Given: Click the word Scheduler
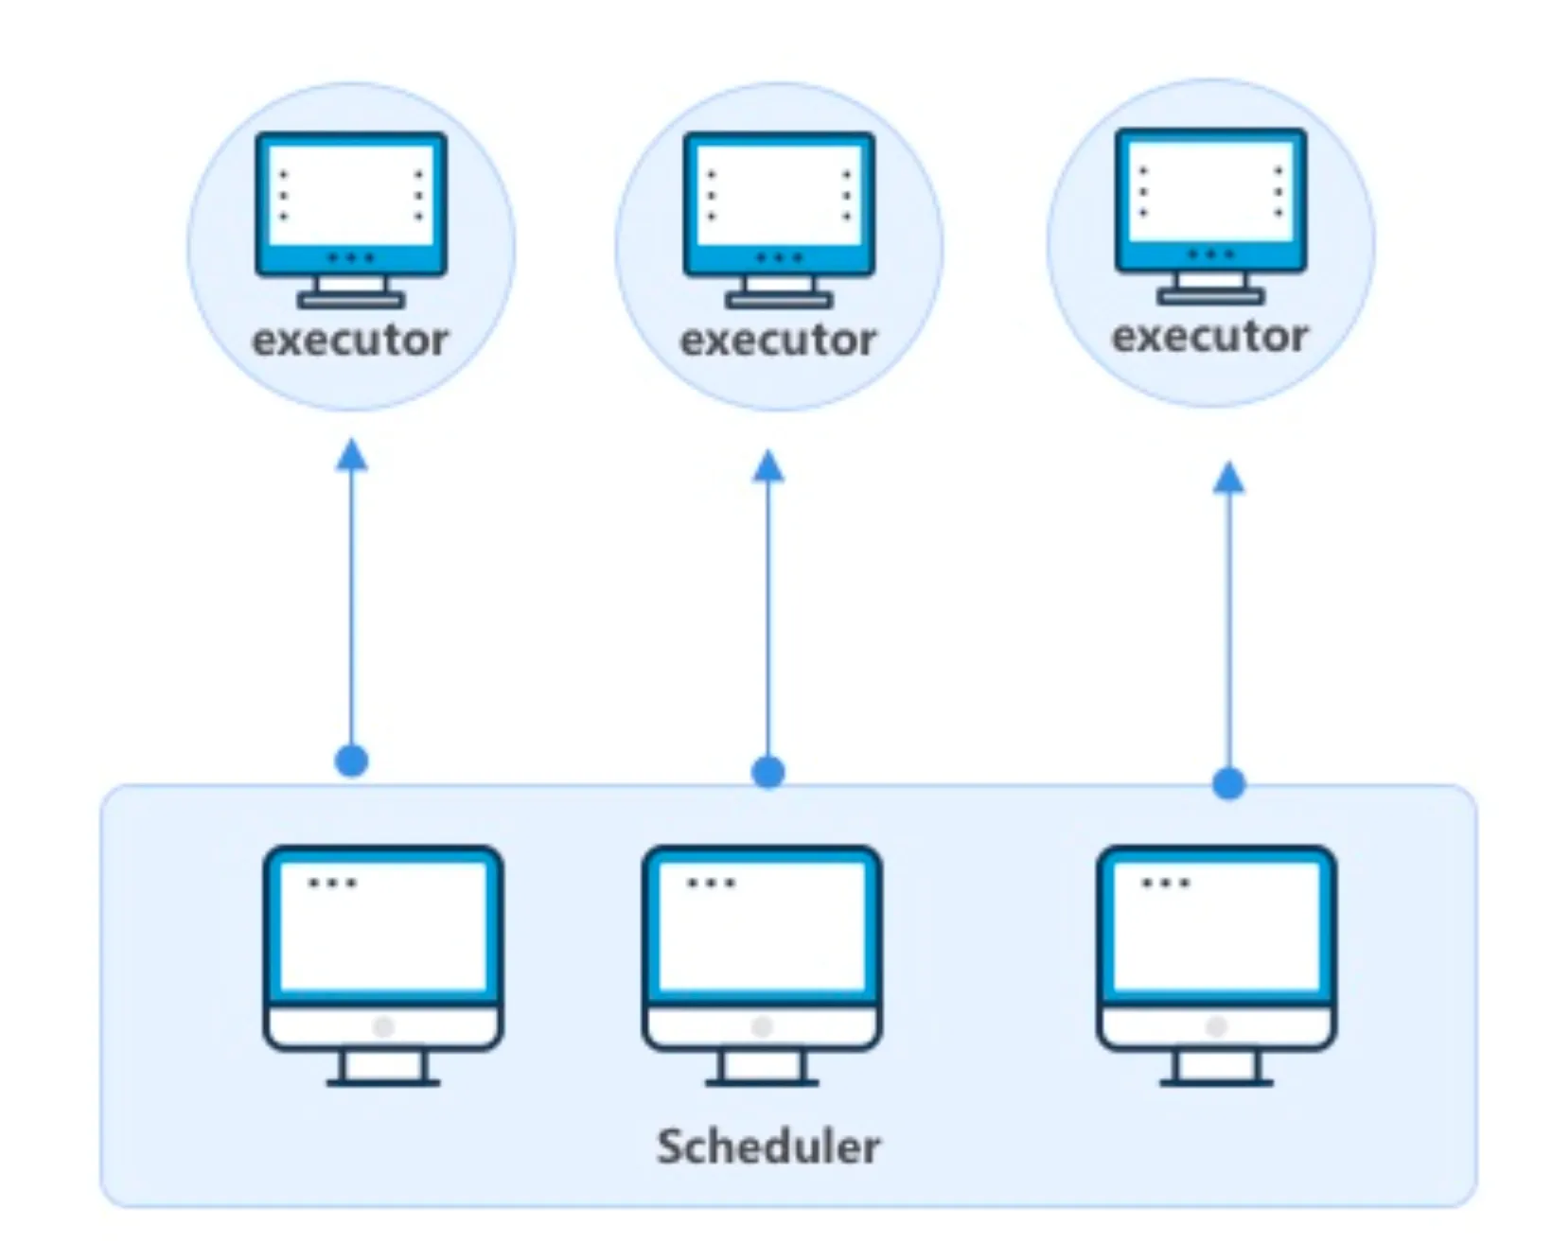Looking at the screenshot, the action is point(768,1146).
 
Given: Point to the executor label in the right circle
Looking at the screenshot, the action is point(1209,337).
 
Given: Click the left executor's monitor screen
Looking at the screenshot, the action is point(351,195).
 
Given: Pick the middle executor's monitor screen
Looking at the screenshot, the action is point(779,195).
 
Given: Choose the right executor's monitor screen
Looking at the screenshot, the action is point(1210,191).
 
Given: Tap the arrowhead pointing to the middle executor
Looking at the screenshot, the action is point(768,465).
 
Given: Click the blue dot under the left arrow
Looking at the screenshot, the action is point(352,761).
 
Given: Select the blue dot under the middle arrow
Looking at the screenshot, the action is point(768,772).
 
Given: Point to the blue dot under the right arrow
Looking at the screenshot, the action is point(1228,783).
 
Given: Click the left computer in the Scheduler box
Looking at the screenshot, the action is point(383,965).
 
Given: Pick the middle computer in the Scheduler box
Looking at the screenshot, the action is point(762,965).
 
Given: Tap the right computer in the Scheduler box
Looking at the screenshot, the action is point(1216,965).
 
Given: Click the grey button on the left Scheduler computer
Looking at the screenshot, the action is point(383,1027).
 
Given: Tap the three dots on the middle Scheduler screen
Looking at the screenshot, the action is point(711,884).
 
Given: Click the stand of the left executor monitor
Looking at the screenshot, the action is point(351,292).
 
